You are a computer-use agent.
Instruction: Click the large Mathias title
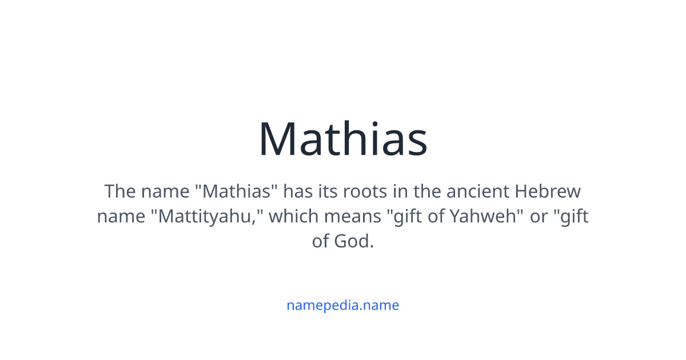click(x=343, y=139)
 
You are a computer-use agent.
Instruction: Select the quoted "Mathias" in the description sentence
click(x=240, y=191)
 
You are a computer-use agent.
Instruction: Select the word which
click(x=293, y=217)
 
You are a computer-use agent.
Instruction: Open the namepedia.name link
click(x=343, y=305)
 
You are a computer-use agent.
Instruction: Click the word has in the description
click(x=297, y=191)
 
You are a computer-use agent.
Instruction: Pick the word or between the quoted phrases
click(x=539, y=217)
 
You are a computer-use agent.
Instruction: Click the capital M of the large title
click(x=280, y=139)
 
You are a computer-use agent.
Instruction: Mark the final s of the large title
click(x=417, y=143)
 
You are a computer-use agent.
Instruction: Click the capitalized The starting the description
click(x=119, y=191)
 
